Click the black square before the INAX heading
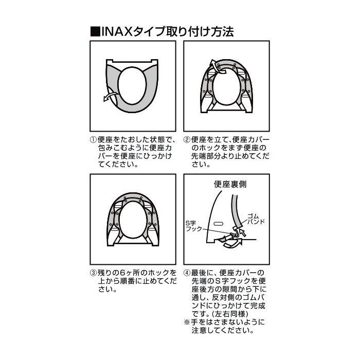(x=95, y=32)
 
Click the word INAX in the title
(x=117, y=32)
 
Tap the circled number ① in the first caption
(x=94, y=139)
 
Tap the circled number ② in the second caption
(x=187, y=139)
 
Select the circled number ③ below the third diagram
(x=94, y=273)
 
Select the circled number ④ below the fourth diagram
(x=187, y=273)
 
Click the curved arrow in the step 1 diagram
(x=111, y=96)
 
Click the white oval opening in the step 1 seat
(x=132, y=85)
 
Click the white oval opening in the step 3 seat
(x=133, y=220)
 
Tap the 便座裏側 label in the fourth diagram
(x=230, y=184)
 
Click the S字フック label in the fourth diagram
(x=191, y=226)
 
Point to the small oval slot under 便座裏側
(x=218, y=223)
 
